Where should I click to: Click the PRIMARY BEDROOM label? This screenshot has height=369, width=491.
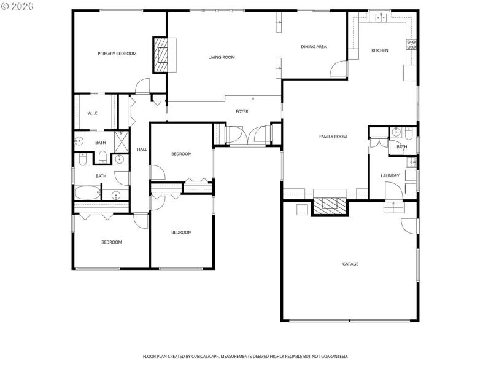pyautogui.click(x=117, y=54)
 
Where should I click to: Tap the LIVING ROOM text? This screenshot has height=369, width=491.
pyautogui.click(x=222, y=57)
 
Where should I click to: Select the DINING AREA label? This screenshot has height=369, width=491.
pyautogui.click(x=313, y=47)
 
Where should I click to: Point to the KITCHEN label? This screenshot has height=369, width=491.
pyautogui.click(x=379, y=50)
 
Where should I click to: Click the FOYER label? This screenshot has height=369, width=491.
pyautogui.click(x=242, y=111)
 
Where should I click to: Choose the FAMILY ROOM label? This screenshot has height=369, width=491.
pyautogui.click(x=333, y=137)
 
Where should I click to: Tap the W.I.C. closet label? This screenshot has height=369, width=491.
pyautogui.click(x=93, y=113)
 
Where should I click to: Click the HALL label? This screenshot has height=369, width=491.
pyautogui.click(x=142, y=149)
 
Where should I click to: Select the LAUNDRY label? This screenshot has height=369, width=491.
pyautogui.click(x=390, y=176)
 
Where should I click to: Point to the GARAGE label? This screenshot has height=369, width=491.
pyautogui.click(x=350, y=264)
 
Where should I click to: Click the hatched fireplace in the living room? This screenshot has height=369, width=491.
pyautogui.click(x=160, y=55)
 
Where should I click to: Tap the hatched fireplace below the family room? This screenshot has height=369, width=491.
pyautogui.click(x=330, y=205)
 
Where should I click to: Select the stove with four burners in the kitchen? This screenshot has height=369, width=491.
pyautogui.click(x=411, y=44)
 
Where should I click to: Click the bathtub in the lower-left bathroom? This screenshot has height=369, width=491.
pyautogui.click(x=87, y=194)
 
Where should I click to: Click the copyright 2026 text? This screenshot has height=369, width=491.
pyautogui.click(x=18, y=6)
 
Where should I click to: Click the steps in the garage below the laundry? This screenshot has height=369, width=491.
pyautogui.click(x=393, y=208)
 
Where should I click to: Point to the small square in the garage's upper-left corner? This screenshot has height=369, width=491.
pyautogui.click(x=302, y=209)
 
